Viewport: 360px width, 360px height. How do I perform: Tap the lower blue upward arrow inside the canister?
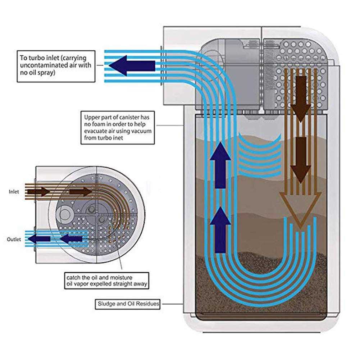point(220,230)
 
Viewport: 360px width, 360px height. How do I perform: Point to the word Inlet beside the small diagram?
point(14,192)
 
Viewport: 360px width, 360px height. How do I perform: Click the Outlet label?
point(14,239)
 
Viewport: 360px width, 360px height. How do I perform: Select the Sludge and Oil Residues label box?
point(128,304)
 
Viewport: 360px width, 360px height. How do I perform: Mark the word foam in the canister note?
point(100,124)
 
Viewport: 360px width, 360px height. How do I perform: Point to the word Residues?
point(147,304)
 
